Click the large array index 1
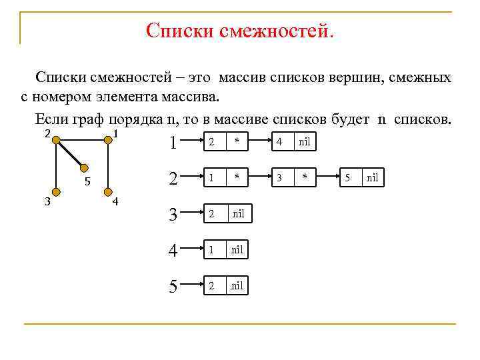point(173,142)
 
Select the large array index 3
point(173,215)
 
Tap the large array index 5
point(173,287)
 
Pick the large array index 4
point(173,251)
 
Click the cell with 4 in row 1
point(279,141)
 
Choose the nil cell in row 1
point(304,141)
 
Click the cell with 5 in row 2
point(347,178)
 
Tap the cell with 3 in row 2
point(279,178)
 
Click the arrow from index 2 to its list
point(193,178)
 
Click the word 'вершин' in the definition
point(354,78)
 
